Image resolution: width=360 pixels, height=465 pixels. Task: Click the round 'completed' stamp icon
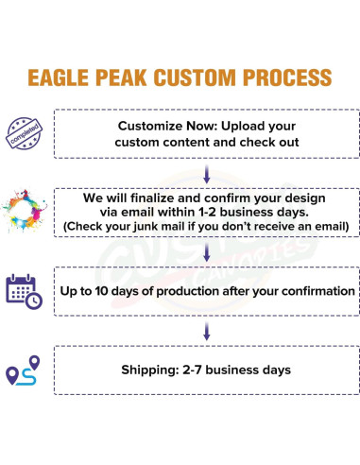click(x=24, y=132)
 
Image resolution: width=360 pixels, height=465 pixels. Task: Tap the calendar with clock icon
click(x=24, y=290)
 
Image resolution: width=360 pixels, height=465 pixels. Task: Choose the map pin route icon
click(x=24, y=370)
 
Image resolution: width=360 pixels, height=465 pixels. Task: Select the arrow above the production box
click(x=205, y=250)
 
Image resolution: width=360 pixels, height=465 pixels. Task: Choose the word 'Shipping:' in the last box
click(x=151, y=370)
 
